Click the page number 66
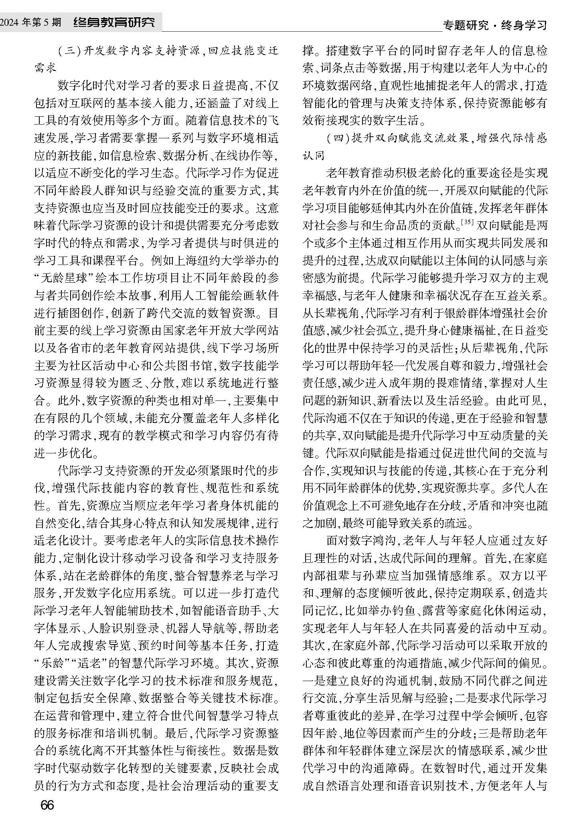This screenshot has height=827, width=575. click(47, 805)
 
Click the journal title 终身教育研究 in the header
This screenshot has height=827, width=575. click(114, 22)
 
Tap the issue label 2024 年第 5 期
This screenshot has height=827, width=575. click(30, 22)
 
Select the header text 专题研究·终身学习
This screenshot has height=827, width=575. click(495, 26)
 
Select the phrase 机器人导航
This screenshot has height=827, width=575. click(189, 628)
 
